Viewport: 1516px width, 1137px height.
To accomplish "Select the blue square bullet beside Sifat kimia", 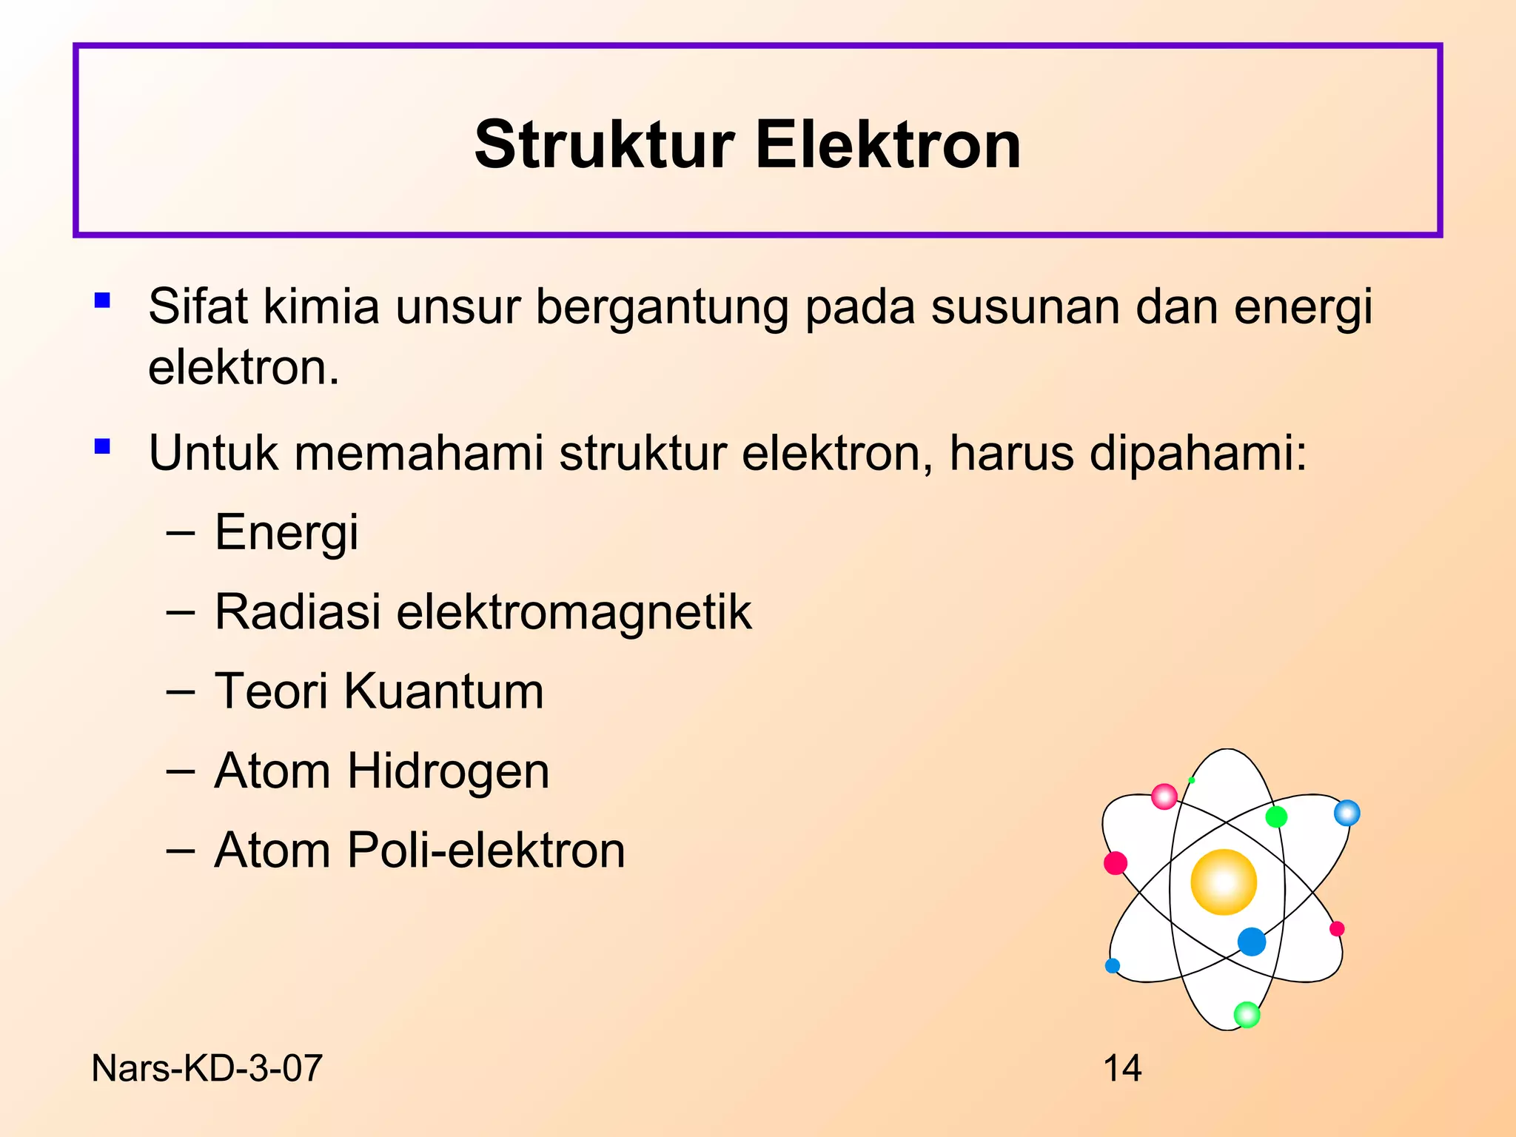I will [103, 301].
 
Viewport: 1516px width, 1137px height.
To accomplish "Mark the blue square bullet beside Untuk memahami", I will [103, 446].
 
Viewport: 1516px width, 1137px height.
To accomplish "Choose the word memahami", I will [418, 452].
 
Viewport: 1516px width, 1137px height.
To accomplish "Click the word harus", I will [1011, 452].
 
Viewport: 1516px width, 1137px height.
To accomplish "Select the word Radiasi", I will [298, 612].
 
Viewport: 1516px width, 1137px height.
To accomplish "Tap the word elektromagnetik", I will [574, 614].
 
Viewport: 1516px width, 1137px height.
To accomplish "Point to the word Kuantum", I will [443, 691].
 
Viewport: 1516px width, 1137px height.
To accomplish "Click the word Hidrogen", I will [449, 772].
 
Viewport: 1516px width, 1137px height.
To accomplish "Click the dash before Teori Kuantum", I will [181, 692].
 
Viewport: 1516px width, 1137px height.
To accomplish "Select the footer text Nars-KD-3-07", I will [207, 1068].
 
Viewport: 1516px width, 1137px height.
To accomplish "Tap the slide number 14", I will [1122, 1068].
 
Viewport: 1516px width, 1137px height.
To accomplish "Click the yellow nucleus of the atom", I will [1224, 882].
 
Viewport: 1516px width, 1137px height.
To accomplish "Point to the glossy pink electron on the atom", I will [1164, 796].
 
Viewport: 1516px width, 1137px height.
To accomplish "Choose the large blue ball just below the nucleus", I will [1252, 942].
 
